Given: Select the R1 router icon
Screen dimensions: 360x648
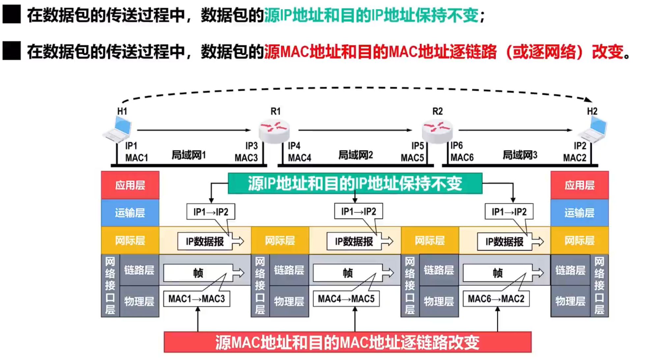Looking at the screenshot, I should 274,131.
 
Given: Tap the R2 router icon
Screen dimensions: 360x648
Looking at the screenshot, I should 437,131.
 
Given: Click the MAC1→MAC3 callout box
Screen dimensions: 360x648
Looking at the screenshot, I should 196,299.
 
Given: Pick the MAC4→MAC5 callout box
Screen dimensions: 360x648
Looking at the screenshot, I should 346,299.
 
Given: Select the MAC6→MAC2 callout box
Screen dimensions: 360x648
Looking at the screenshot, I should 496,299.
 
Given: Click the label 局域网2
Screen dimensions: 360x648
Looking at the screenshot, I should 355,155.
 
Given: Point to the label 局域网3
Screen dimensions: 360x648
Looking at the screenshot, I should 520,155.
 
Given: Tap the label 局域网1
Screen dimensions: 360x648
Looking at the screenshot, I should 188,155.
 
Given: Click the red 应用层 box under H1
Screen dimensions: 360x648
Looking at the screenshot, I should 130,185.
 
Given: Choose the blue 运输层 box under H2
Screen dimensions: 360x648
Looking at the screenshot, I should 579,213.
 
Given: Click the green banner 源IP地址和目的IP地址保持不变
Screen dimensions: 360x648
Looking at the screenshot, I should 355,183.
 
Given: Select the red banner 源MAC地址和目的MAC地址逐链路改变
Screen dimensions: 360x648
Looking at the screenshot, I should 347,342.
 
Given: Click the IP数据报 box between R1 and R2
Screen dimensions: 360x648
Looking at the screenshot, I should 354,241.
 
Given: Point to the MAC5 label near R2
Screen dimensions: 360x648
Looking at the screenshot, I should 412,158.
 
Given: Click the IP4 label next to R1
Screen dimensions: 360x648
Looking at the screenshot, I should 294,146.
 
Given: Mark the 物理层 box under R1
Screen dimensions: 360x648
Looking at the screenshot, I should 289,301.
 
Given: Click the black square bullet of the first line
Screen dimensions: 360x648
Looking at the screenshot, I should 12,14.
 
